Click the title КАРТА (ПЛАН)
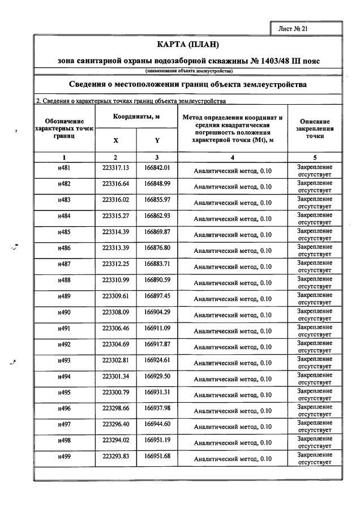[x=187, y=44]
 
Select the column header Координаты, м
[x=136, y=116]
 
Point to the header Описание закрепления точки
[x=314, y=129]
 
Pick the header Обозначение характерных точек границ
[x=64, y=129]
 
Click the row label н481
[x=64, y=168]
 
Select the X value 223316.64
[x=115, y=184]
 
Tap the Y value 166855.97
[x=157, y=200]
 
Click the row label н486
[x=64, y=248]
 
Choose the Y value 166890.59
[x=157, y=280]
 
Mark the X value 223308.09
[x=115, y=312]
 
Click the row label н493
[x=64, y=360]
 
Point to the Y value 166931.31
[x=157, y=391]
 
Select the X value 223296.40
[x=115, y=424]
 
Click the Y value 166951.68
[x=157, y=455]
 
